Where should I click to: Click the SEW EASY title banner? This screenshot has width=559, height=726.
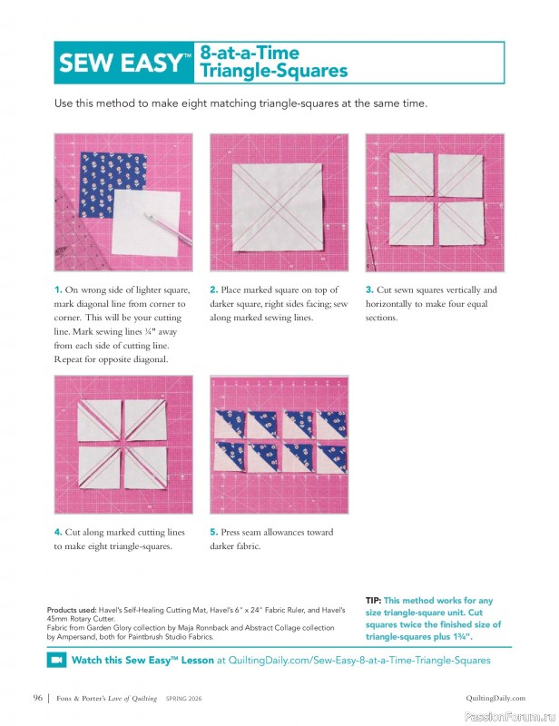coord(123,63)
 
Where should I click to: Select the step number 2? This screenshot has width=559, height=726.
coord(212,289)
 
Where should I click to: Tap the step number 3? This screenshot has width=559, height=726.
coord(368,289)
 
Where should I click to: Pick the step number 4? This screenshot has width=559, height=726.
coord(57,533)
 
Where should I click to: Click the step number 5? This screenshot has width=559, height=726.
coord(213,533)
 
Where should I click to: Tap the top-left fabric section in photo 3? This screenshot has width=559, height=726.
coord(409,174)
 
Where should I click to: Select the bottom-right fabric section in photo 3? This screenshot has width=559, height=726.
coord(460,226)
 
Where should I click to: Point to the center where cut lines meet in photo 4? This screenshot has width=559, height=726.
coord(123,445)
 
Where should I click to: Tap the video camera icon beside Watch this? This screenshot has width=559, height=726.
coord(56,661)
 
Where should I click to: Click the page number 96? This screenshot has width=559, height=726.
coord(37,698)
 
